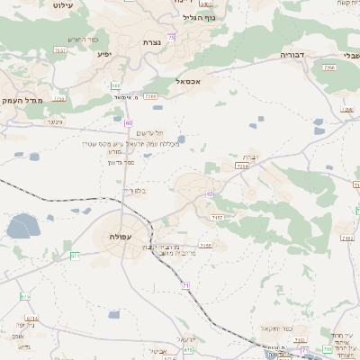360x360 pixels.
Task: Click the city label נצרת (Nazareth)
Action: click(151, 42)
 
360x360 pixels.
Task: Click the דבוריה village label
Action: click(294, 55)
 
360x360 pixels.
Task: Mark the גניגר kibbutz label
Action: click(55, 121)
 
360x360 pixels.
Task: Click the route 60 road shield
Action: click(129, 123)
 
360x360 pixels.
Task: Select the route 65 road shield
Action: click(209, 193)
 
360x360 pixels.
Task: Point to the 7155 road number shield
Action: click(205, 245)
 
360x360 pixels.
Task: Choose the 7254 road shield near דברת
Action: click(241, 166)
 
